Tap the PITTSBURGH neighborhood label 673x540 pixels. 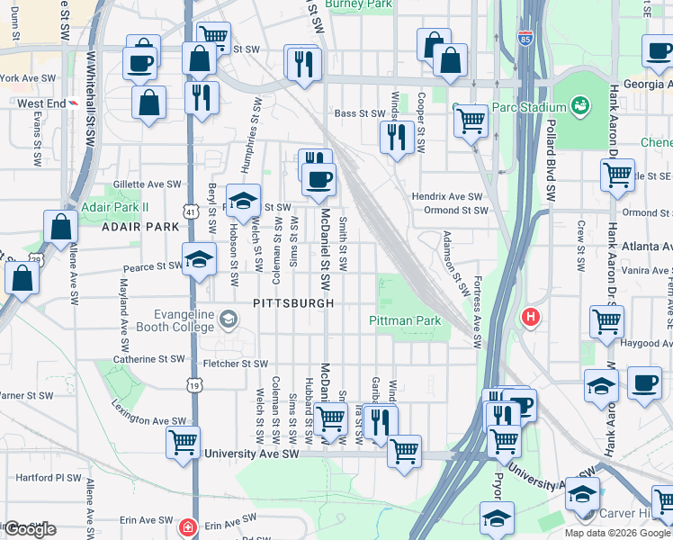293,303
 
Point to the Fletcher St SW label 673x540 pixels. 236,364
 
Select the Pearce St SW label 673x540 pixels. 152,266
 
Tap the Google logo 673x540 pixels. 31,528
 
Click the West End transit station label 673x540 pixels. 41,103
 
